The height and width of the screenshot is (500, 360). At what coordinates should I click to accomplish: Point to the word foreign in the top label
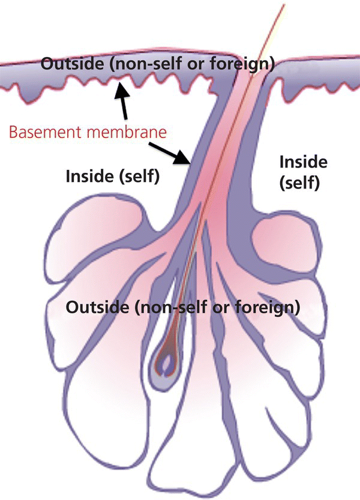(x=248, y=63)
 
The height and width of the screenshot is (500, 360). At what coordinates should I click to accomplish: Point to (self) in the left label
(x=136, y=177)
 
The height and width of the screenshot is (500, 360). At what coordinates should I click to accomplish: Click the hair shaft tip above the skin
(x=283, y=7)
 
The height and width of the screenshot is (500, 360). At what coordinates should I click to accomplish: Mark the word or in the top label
(x=206, y=63)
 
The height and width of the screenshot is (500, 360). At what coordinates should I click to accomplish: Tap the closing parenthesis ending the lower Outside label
(x=298, y=308)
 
